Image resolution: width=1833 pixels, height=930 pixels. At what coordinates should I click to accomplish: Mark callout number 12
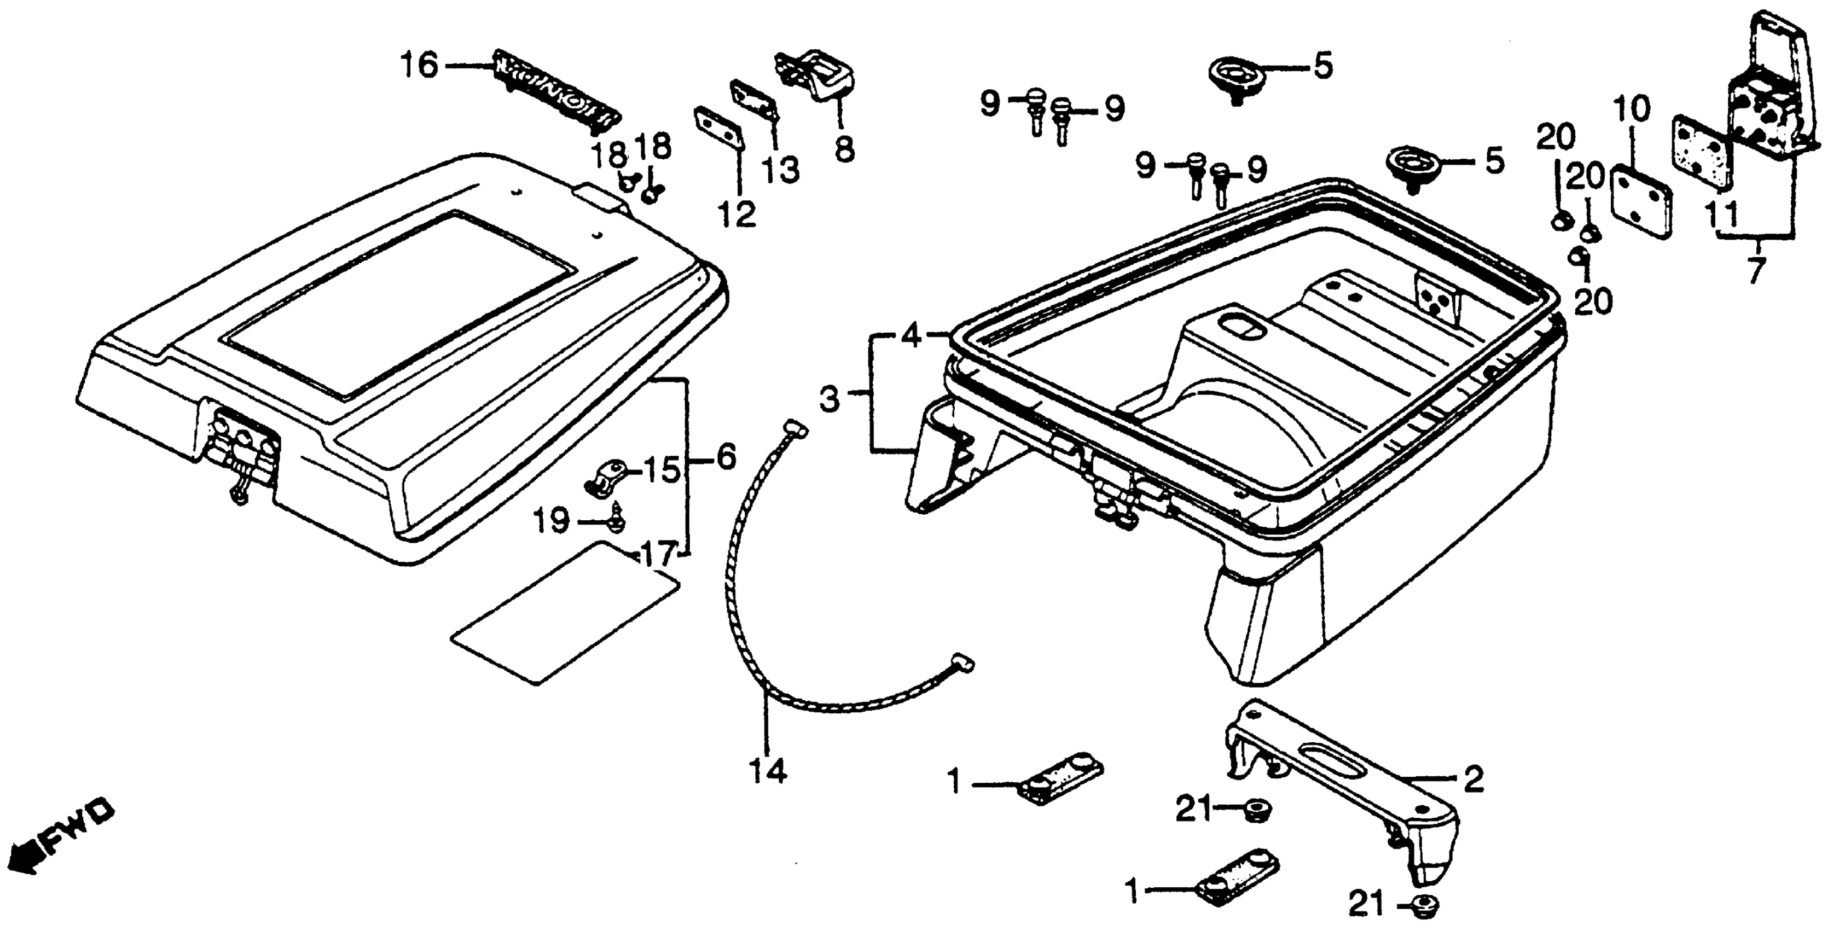tap(737, 213)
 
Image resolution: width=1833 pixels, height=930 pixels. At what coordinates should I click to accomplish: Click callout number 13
tap(782, 170)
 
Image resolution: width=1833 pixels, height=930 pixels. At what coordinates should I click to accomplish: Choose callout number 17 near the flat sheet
tap(658, 555)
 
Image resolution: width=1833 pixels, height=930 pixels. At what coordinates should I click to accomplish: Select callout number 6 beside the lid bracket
tap(725, 457)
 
